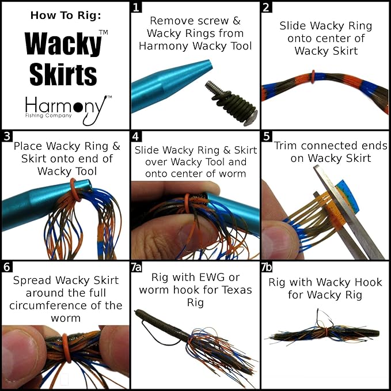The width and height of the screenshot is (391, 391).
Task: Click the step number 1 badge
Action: pyautogui.click(x=136, y=7)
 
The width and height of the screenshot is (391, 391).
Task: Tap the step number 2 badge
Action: pyautogui.click(x=267, y=7)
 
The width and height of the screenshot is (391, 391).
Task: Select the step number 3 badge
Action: pyautogui.click(x=6, y=137)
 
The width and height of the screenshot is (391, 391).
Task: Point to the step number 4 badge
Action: pyautogui.click(x=136, y=137)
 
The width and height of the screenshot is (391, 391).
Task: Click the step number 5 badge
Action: pyautogui.click(x=267, y=137)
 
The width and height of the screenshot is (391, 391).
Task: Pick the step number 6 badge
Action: pyautogui.click(x=6, y=267)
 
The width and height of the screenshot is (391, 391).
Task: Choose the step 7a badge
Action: pyautogui.click(x=138, y=267)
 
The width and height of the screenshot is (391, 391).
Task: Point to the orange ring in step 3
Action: pyautogui.click(x=73, y=184)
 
